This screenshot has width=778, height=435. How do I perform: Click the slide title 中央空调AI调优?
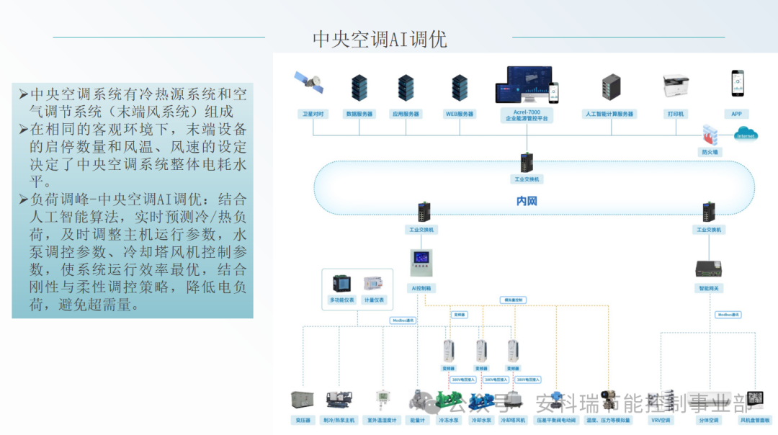[x=380, y=39]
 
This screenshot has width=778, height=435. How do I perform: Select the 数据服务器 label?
[x=359, y=114]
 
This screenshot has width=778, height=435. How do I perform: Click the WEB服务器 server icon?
[x=460, y=87]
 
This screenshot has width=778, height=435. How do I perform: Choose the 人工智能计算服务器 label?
[x=609, y=114]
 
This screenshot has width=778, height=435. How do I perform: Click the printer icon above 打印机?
[x=676, y=86]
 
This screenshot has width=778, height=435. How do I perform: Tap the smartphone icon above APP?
[x=737, y=84]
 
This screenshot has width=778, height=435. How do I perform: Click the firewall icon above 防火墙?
[x=711, y=135]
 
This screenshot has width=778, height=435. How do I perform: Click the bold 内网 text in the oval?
[x=527, y=201]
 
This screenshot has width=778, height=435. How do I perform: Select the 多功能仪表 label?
[x=341, y=300]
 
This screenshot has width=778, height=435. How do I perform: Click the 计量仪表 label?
[x=374, y=300]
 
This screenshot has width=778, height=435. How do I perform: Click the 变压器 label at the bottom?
[x=302, y=420]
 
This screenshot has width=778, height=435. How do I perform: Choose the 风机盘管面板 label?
[x=754, y=420]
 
